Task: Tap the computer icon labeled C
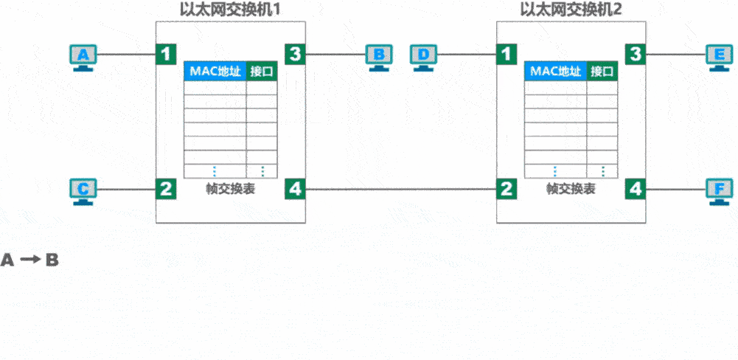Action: pyautogui.click(x=83, y=190)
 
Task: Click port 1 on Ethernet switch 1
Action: pyautogui.click(x=167, y=54)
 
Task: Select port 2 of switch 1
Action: pyautogui.click(x=167, y=189)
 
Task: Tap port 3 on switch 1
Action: pyautogui.click(x=296, y=54)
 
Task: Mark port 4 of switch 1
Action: pyautogui.click(x=296, y=189)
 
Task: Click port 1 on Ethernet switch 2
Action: pyautogui.click(x=506, y=54)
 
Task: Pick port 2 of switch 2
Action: pyautogui.click(x=506, y=189)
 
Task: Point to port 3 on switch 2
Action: pyautogui.click(x=636, y=54)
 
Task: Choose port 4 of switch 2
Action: pyautogui.click(x=636, y=189)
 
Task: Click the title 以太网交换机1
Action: pyautogui.click(x=231, y=10)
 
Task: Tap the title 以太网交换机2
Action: pyautogui.click(x=571, y=10)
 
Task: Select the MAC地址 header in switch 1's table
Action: pyautogui.click(x=215, y=72)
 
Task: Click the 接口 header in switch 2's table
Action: pyautogui.click(x=602, y=72)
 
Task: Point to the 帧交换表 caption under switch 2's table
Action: pyautogui.click(x=571, y=189)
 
